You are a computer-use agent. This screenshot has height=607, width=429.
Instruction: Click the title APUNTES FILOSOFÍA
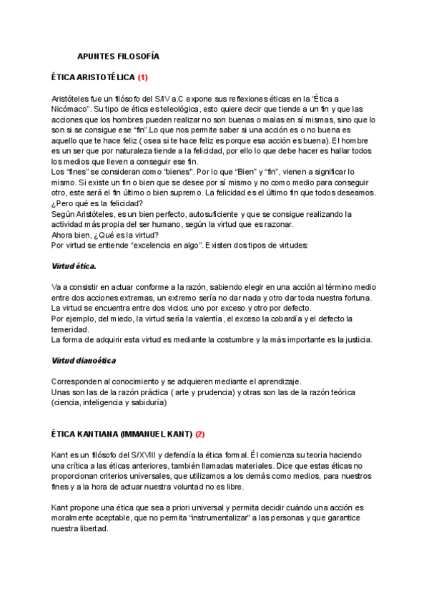point(118,56)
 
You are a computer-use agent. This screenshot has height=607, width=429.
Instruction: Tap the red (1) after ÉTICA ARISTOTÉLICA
point(143,77)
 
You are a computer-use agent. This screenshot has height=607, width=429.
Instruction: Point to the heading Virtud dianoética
point(84,360)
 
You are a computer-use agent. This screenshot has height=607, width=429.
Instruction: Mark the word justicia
point(353,339)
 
